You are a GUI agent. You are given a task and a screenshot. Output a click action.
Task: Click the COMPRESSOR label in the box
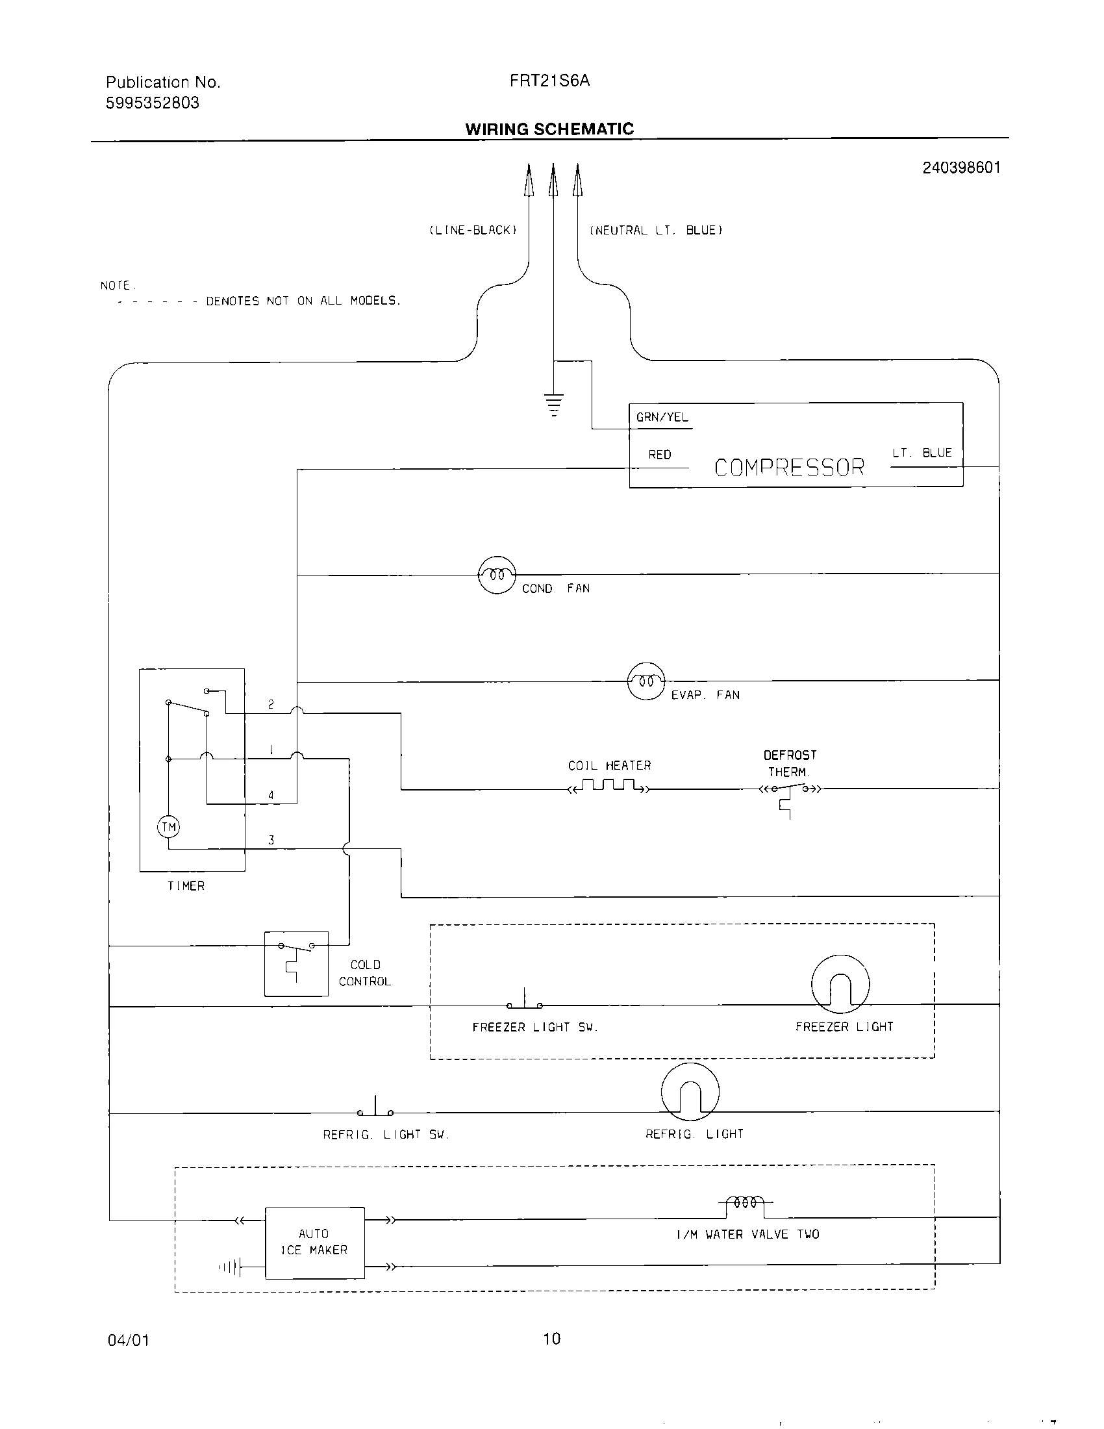pyautogui.click(x=789, y=467)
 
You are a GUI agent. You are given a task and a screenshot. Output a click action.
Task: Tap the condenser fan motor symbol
pyautogui.click(x=497, y=575)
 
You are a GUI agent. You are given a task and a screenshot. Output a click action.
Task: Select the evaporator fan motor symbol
pyautogui.click(x=646, y=681)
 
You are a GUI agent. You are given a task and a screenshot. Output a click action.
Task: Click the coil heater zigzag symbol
pyautogui.click(x=610, y=786)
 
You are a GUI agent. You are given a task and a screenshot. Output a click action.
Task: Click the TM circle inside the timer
pyautogui.click(x=169, y=827)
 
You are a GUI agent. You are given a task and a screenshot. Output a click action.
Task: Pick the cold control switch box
pyautogui.click(x=296, y=963)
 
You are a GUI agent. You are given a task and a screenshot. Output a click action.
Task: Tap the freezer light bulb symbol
pyautogui.click(x=840, y=983)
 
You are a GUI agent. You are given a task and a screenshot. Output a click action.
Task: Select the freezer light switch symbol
pyautogui.click(x=525, y=1001)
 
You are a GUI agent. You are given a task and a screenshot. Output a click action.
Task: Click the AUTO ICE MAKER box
pyautogui.click(x=314, y=1242)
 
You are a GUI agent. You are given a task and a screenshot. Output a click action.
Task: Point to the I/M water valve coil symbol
pyautogui.click(x=746, y=1202)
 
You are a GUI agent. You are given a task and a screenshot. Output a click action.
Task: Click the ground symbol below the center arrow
pyautogui.click(x=553, y=404)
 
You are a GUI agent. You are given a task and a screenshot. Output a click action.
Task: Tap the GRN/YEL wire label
pyautogui.click(x=662, y=418)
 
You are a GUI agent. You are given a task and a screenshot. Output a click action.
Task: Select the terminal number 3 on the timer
pyautogui.click(x=271, y=840)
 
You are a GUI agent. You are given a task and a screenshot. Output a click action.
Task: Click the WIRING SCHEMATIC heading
pyautogui.click(x=549, y=129)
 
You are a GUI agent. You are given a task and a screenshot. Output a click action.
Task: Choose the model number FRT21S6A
pyautogui.click(x=549, y=81)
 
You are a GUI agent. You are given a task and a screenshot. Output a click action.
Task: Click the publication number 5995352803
pyautogui.click(x=153, y=103)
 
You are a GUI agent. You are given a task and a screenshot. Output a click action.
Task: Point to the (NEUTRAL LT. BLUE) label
pyautogui.click(x=655, y=231)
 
